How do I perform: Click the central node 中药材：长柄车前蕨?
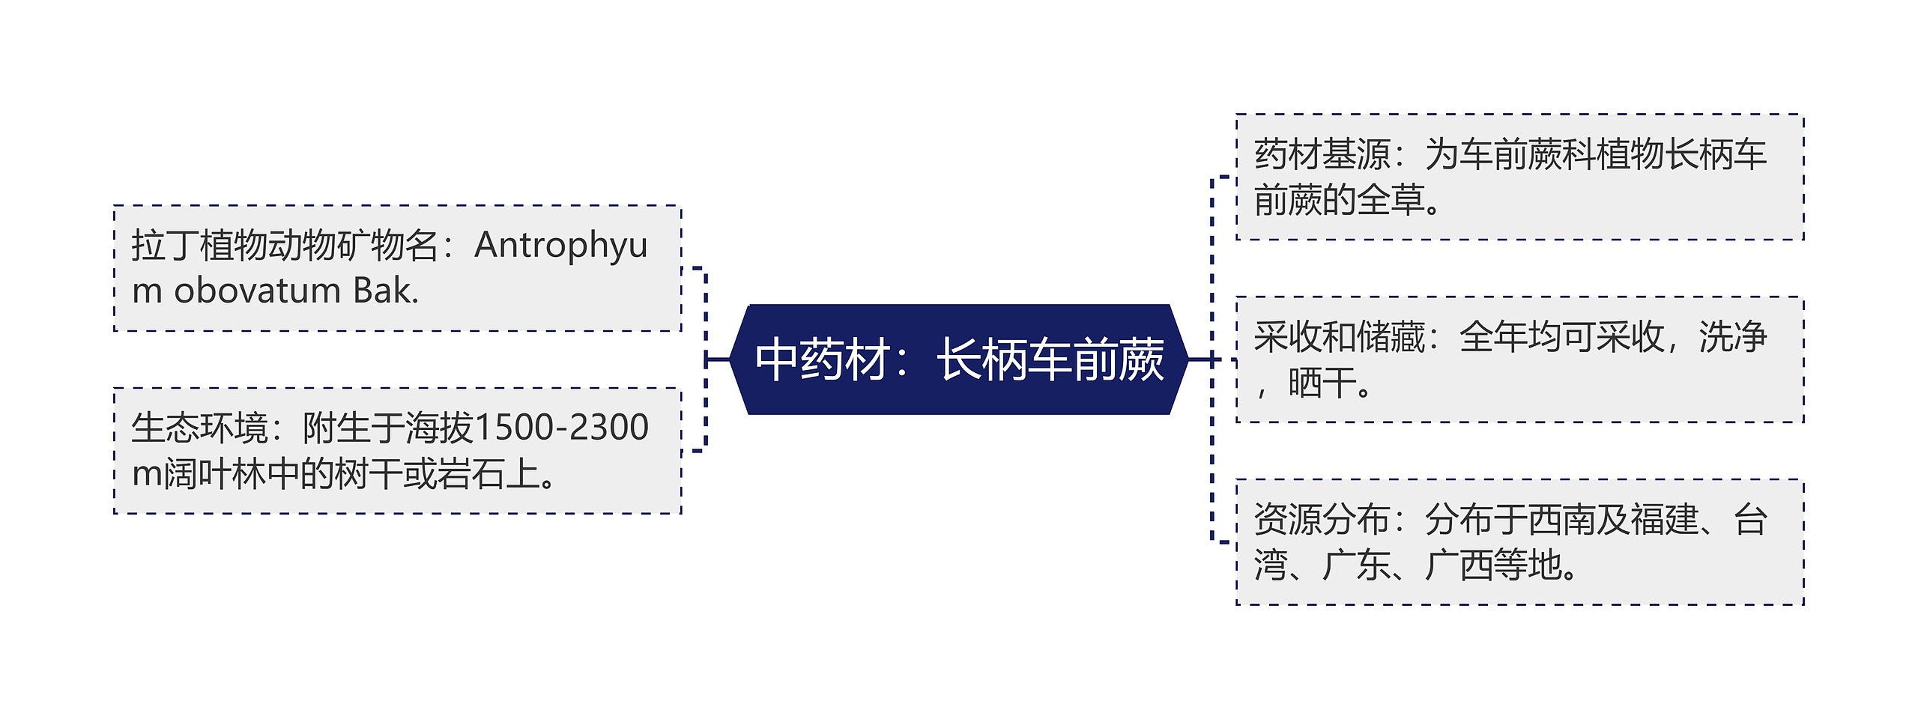pos(959,359)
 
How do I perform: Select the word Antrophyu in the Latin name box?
pos(560,246)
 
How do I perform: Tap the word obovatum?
pos(257,291)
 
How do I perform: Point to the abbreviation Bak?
pos(385,291)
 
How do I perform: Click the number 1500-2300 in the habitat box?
pos(561,428)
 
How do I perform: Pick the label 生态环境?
pos(199,428)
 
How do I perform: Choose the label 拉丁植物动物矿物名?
pos(285,246)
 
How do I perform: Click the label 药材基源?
pos(1322,155)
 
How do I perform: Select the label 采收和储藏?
pos(1340,337)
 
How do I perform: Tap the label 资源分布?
pos(1322,520)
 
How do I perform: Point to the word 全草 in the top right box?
pos(1390,200)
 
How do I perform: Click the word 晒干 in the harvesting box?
pos(1322,383)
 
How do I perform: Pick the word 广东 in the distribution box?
pos(1356,565)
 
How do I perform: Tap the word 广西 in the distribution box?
pos(1458,565)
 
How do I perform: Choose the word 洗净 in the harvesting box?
pos(1732,337)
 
